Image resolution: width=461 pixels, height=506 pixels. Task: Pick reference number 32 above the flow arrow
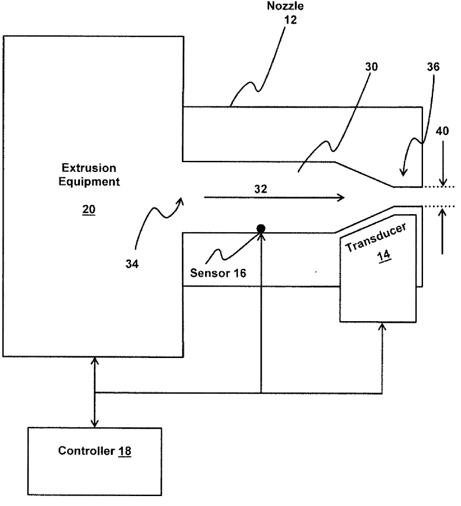pos(261,190)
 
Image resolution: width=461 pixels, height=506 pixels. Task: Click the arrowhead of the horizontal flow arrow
pos(340,198)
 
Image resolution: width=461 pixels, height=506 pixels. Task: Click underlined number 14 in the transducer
pos(383,256)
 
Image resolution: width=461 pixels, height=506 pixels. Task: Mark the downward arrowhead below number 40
pos(443,182)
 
